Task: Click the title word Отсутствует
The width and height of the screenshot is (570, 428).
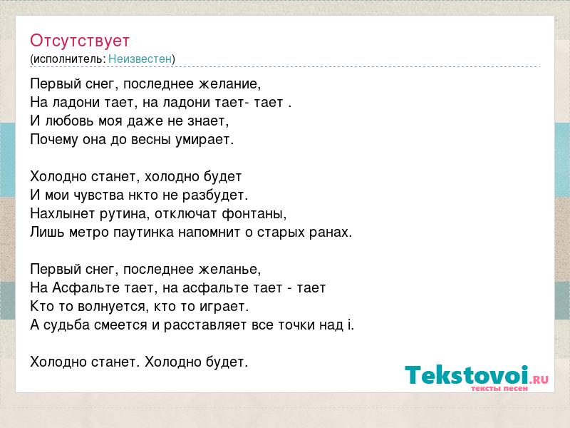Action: click(80, 41)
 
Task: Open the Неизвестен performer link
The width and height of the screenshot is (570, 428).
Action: click(140, 59)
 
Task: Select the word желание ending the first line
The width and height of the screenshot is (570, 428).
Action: click(229, 84)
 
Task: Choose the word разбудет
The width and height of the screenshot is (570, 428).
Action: click(215, 195)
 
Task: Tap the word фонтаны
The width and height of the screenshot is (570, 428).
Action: click(254, 214)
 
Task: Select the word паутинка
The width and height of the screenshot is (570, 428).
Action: click(144, 233)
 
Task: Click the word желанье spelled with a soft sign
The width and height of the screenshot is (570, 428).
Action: click(229, 270)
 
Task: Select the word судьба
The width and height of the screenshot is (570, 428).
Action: click(66, 325)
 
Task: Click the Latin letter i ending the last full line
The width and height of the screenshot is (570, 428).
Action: click(351, 325)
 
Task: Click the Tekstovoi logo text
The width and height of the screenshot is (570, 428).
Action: click(477, 375)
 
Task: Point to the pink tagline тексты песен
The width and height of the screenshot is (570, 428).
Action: click(499, 389)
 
